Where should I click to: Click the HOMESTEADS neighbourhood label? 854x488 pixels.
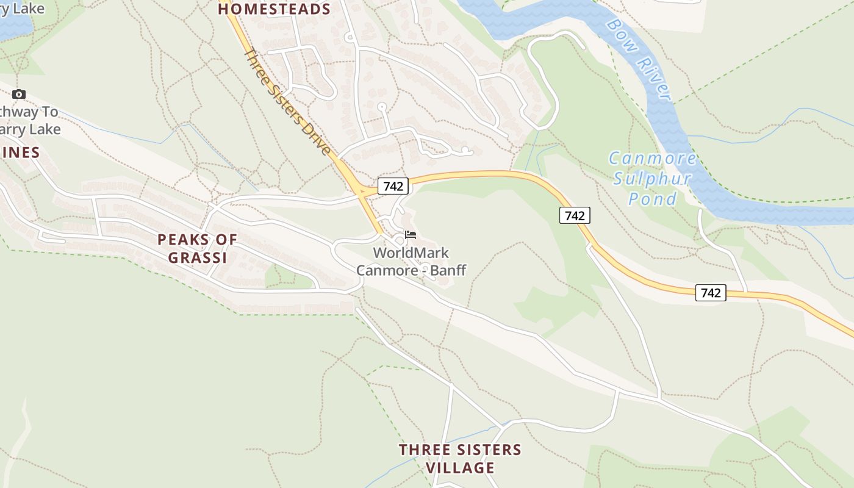pos(274,9)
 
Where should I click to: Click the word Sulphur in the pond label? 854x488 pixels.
pos(652,179)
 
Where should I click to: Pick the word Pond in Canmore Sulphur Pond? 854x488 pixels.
pos(653,199)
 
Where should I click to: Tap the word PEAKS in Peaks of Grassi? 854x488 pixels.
pos(180,240)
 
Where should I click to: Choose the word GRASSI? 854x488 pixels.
pos(197,258)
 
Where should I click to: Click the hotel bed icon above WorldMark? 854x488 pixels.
pos(411,235)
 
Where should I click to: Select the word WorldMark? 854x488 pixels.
pos(411,253)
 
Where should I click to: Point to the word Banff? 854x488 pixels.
pos(449,270)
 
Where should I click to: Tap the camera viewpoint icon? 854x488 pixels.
pos(19,94)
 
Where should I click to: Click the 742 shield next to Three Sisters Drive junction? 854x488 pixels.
pos(393,186)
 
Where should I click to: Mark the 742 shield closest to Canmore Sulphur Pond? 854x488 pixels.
pos(575,215)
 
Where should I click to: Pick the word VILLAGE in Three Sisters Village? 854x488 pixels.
pos(459,468)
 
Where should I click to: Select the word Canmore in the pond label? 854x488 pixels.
pos(652,159)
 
